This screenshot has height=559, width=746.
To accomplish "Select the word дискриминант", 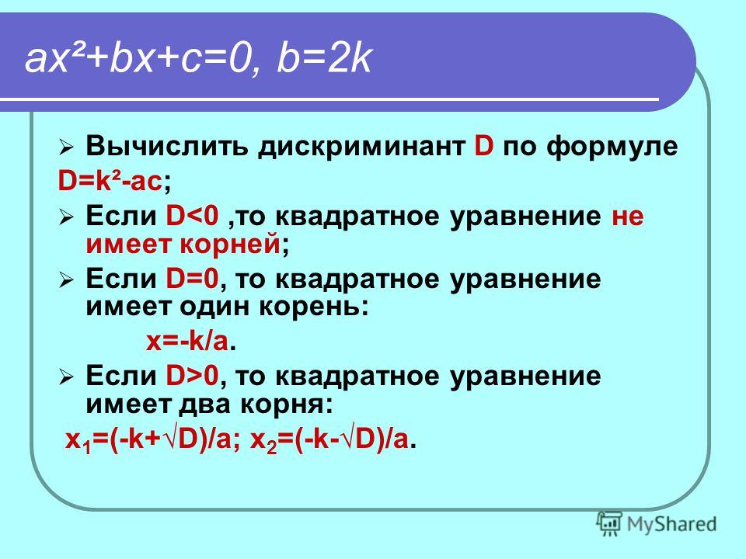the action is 361,147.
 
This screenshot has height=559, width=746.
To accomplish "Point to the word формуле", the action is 612,147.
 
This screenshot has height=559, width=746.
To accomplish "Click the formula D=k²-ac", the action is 110,181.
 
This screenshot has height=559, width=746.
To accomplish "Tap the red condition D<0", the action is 192,217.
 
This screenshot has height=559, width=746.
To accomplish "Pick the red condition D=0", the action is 192,279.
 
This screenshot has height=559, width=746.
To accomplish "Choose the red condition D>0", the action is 192,376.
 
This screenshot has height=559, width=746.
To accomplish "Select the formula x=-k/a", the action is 187,341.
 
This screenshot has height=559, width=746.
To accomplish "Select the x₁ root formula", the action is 148,440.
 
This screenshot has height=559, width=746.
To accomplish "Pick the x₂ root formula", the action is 329,440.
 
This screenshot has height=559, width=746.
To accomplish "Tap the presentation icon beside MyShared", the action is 609,524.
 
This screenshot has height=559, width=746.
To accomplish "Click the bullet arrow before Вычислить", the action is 65,148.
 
